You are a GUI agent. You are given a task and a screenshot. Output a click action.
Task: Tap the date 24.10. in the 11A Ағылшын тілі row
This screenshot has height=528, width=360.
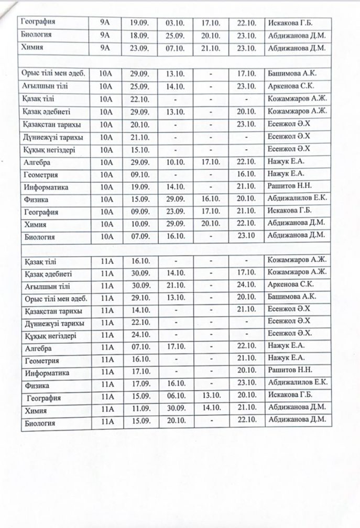pyautogui.click(x=246, y=285)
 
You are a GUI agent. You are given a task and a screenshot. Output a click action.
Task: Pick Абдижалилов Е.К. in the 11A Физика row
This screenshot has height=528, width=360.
pyautogui.click(x=297, y=383)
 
